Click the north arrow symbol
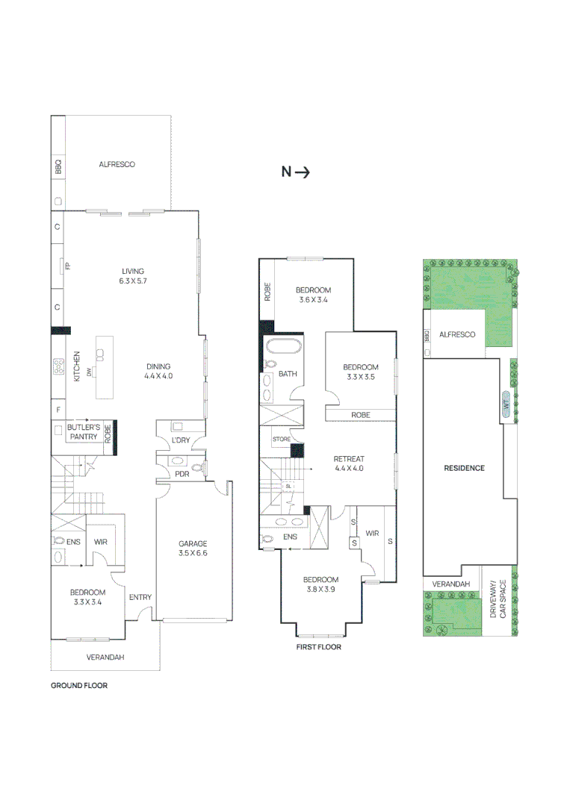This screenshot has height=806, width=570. (295, 172)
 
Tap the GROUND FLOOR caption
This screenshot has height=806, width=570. (78, 685)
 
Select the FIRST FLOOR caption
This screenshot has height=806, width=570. (318, 647)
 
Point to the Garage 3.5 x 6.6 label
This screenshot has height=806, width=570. (193, 549)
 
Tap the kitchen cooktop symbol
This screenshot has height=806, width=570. (58, 366)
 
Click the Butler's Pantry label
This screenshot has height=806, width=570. (83, 432)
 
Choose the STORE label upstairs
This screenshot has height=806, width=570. (281, 439)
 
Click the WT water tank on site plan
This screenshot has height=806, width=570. (506, 403)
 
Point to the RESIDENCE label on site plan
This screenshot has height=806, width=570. (465, 468)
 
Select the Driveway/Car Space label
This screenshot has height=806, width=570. (498, 602)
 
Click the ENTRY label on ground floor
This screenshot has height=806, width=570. (140, 597)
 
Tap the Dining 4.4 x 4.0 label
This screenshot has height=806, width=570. (158, 372)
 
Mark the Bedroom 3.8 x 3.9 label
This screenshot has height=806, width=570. (320, 584)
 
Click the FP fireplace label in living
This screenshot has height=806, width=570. (67, 264)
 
